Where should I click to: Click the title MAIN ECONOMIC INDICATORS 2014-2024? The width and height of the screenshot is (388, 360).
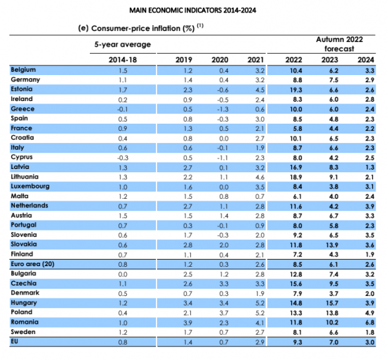pyautogui.click(x=193, y=10)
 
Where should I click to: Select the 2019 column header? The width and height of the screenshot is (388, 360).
pyautogui.click(x=184, y=60)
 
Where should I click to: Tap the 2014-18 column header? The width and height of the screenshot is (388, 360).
pyautogui.click(x=123, y=60)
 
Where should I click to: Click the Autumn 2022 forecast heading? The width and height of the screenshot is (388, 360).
pyautogui.click(x=339, y=44)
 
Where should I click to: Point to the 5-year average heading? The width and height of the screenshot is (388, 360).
pyautogui.click(x=122, y=44)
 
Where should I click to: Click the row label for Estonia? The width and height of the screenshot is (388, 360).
pyautogui.click(x=21, y=89)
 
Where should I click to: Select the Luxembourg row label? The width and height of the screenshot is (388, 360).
pyautogui.click(x=30, y=186)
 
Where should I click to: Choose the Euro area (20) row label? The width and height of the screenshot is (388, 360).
pyautogui.click(x=32, y=264)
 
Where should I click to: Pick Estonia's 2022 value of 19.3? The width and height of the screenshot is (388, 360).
pyautogui.click(x=296, y=90)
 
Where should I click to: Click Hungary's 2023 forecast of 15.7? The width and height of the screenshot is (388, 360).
pyautogui.click(x=332, y=303)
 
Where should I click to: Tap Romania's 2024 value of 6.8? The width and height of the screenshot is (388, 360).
pyautogui.click(x=370, y=322)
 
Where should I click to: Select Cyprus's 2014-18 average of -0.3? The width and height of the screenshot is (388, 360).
pyautogui.click(x=123, y=158)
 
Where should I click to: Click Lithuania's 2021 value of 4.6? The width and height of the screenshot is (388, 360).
pyautogui.click(x=260, y=177)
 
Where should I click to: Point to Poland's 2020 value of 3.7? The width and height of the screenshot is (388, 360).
pyautogui.click(x=224, y=313)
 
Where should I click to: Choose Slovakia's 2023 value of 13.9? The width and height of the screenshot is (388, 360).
pyautogui.click(x=332, y=245)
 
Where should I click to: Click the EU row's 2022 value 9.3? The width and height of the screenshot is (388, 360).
pyautogui.click(x=297, y=342)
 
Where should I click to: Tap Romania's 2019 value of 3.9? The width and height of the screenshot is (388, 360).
pyautogui.click(x=188, y=323)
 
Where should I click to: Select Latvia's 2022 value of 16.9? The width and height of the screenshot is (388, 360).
pyautogui.click(x=296, y=167)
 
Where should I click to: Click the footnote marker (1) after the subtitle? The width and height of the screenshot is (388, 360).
pyautogui.click(x=200, y=25)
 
